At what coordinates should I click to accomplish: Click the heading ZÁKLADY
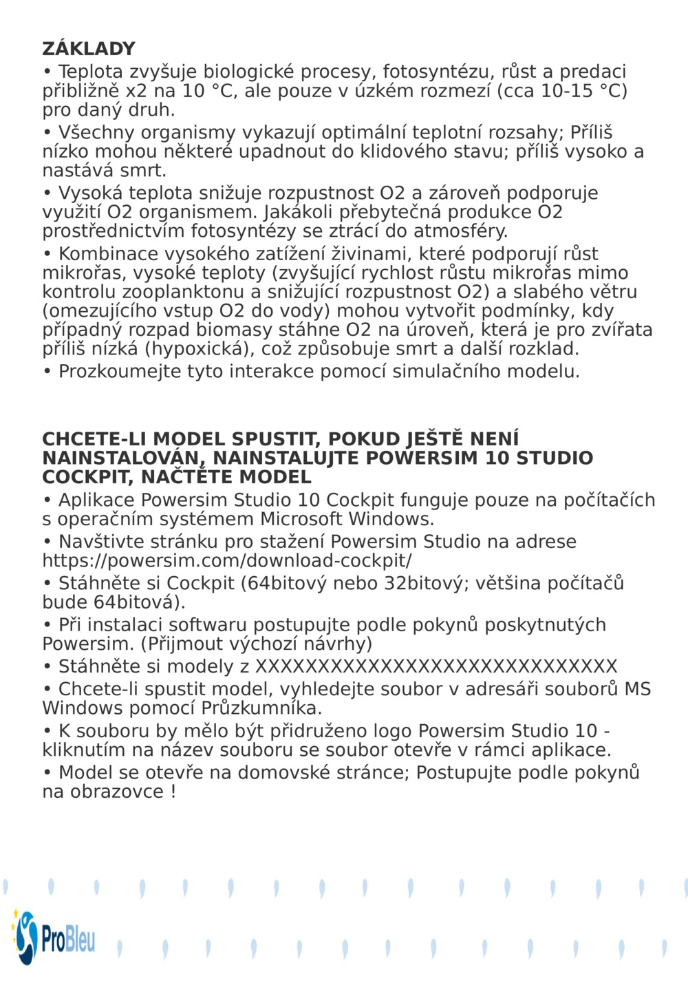tap(89, 49)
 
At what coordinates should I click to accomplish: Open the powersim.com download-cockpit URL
tap(227, 561)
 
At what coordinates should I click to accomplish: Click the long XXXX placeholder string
tap(436, 667)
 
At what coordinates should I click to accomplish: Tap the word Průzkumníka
tap(261, 708)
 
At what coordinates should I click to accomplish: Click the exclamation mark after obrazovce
tap(173, 792)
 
